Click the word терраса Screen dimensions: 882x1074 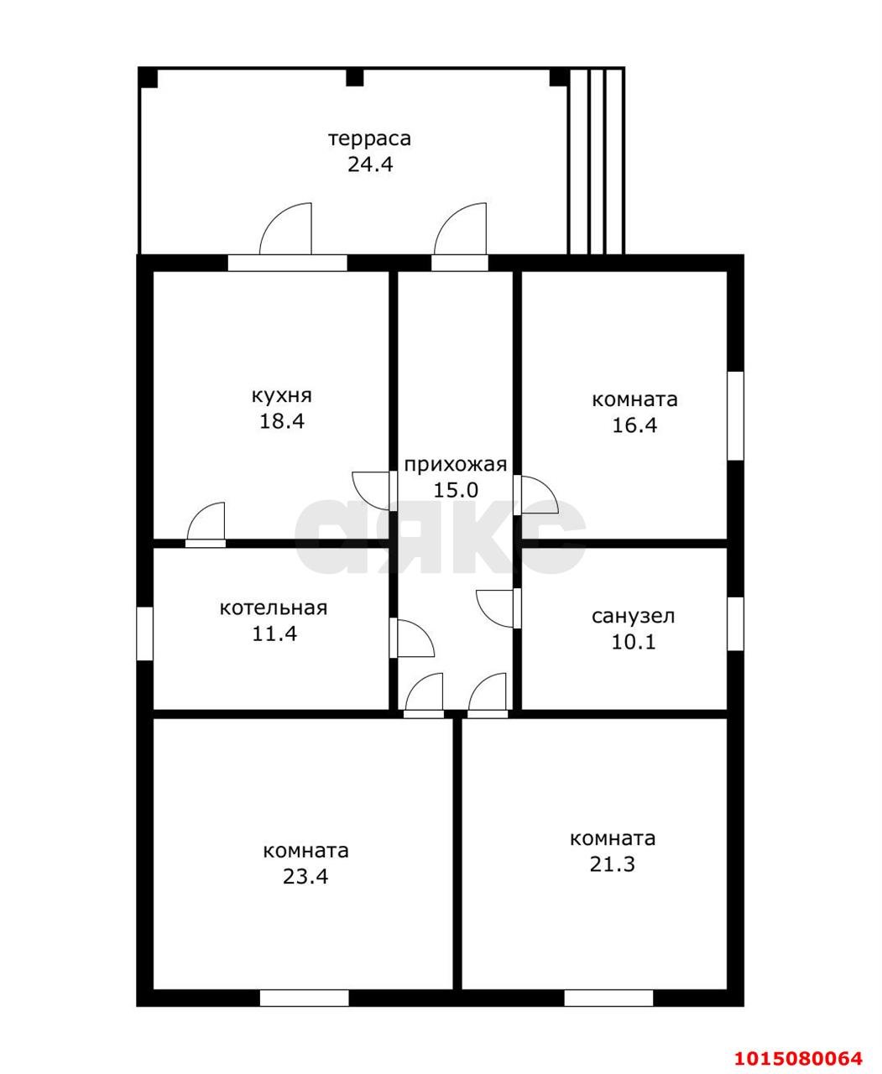[x=369, y=139]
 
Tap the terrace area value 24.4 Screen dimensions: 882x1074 [x=370, y=164]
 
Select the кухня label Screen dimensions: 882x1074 [x=282, y=396]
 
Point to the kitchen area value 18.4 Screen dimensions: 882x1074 [x=282, y=421]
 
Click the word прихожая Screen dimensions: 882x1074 [x=455, y=465]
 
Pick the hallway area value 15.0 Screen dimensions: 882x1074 [x=456, y=490]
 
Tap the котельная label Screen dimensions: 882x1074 [x=274, y=608]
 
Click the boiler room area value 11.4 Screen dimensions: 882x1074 [x=274, y=633]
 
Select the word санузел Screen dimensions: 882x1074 [x=633, y=616]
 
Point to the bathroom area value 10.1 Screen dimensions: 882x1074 [x=634, y=642]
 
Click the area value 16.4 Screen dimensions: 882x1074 [x=634, y=425]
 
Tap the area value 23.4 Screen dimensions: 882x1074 [x=305, y=877]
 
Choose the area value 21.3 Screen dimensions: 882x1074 [x=612, y=864]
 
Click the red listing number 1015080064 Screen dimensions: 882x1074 [x=798, y=1040]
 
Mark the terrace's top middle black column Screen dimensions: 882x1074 [x=355, y=77]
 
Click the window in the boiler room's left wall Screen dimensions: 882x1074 [x=145, y=633]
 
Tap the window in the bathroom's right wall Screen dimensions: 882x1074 [x=735, y=623]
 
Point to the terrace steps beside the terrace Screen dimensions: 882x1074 [x=597, y=161]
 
